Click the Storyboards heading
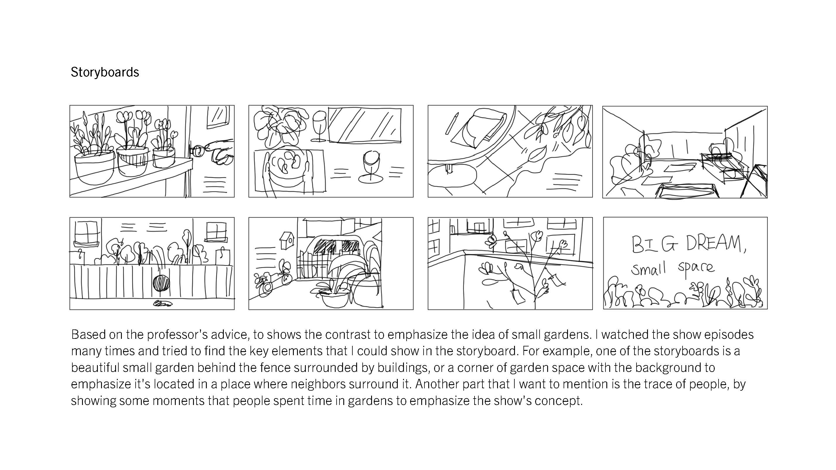(105, 72)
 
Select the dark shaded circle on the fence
(161, 283)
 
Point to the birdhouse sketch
(287, 240)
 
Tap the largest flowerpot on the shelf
(94, 167)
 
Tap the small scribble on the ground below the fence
(163, 304)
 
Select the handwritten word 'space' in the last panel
(696, 268)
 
